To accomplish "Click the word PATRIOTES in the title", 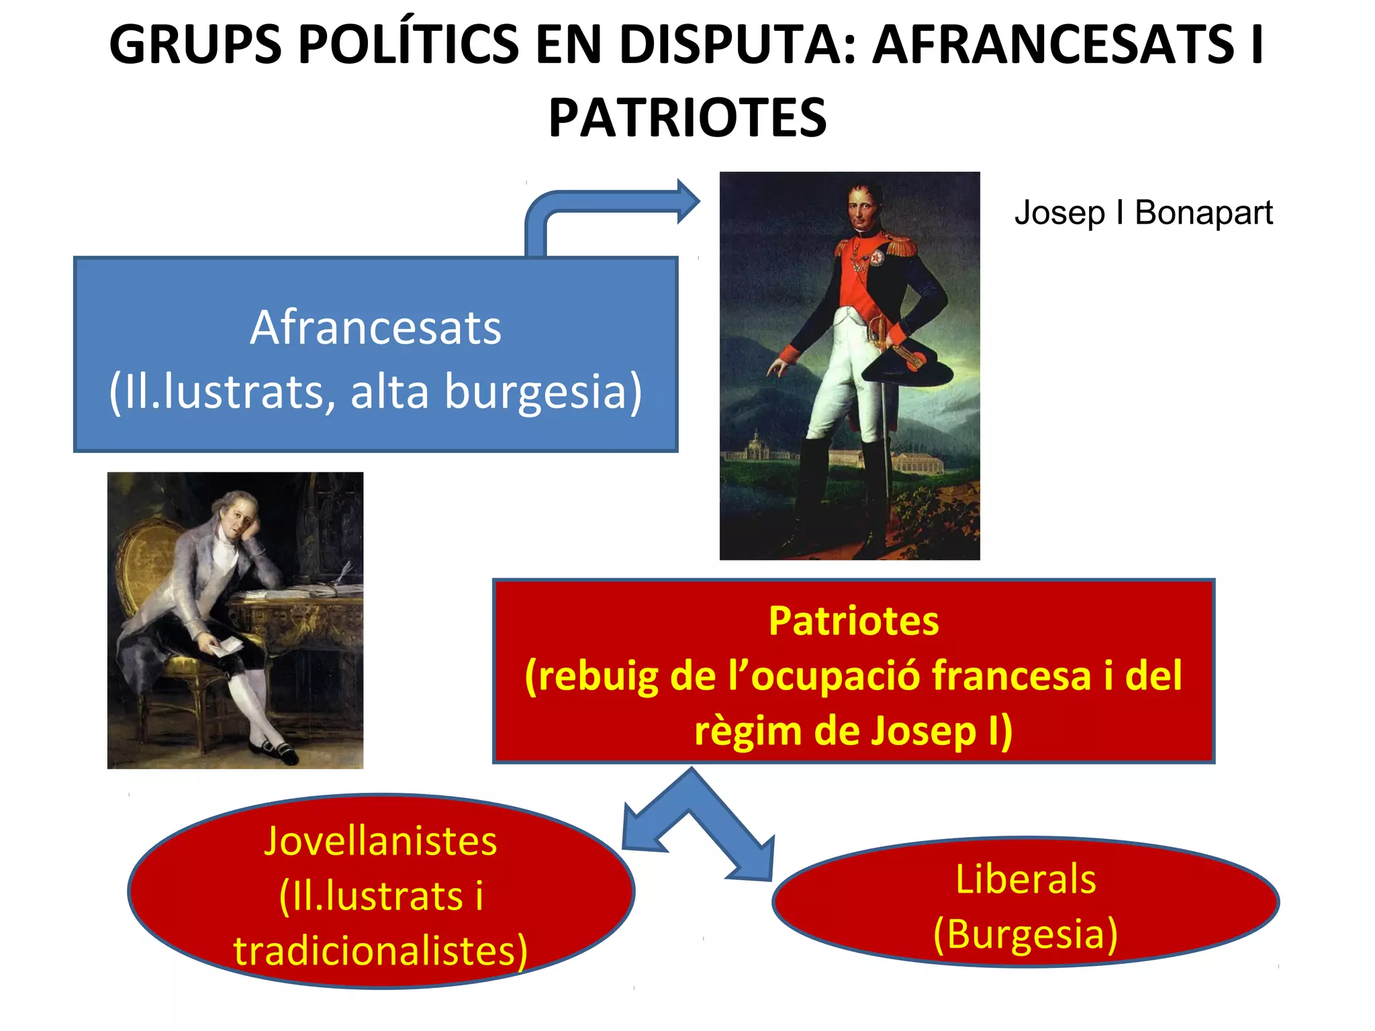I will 687,118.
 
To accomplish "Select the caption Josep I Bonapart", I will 1143,213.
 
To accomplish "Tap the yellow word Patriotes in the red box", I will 853,621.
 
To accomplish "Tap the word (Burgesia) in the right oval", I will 1025,934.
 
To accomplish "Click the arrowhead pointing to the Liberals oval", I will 755,862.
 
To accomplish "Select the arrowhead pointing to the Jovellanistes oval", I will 641,829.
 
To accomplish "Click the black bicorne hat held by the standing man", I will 906,366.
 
